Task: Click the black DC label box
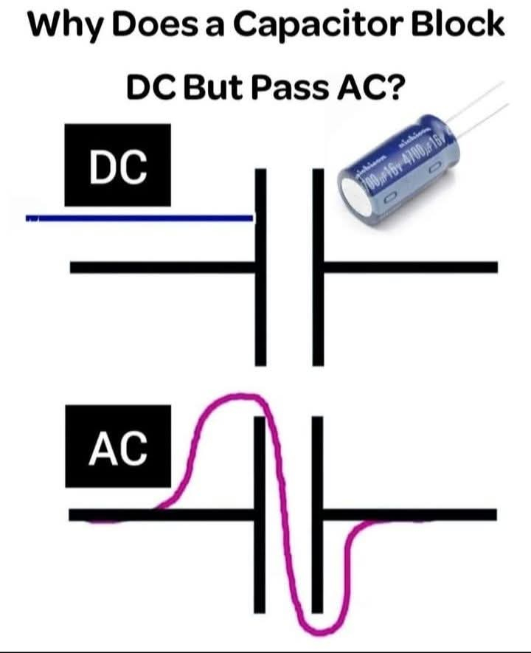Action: click(x=117, y=165)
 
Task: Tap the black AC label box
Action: click(x=117, y=446)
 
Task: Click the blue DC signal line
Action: click(x=140, y=218)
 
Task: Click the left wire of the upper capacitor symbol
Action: click(x=162, y=267)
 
